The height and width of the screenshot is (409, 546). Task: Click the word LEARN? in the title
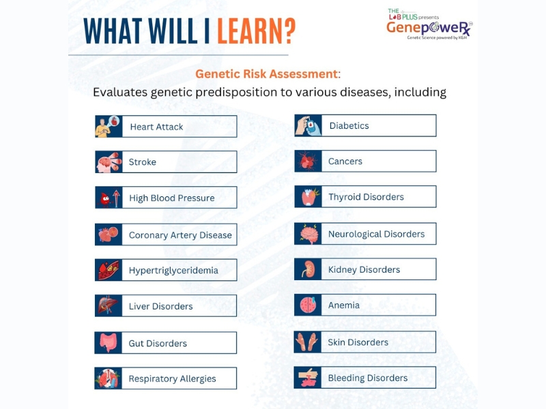coord(257,31)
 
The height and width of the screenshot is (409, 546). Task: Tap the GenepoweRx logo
coord(429,25)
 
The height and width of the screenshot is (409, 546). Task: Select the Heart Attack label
coord(156,127)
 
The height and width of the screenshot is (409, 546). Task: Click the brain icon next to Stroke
coord(109,162)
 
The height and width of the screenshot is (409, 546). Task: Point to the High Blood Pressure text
coord(172,198)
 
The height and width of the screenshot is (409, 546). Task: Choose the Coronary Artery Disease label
coord(180,235)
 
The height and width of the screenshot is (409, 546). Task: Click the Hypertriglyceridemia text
coord(173,271)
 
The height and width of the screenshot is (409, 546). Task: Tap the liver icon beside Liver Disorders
coord(109,305)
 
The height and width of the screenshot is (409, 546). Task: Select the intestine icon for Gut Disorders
coord(108,343)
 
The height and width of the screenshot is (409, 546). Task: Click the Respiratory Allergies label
coord(172,379)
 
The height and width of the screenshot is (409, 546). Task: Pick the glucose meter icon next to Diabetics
coord(308,125)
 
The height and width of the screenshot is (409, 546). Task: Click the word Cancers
coord(345,162)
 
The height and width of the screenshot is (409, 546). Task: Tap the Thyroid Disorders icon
coord(308,196)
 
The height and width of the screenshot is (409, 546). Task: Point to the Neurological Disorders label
coord(376,234)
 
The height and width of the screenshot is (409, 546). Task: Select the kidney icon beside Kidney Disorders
coord(308,269)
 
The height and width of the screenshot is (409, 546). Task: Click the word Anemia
coord(344,305)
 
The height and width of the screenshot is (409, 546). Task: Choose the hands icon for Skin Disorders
coord(307,342)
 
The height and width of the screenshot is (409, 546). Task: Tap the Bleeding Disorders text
coord(367,378)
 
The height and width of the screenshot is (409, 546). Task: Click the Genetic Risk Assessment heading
coord(266,74)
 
